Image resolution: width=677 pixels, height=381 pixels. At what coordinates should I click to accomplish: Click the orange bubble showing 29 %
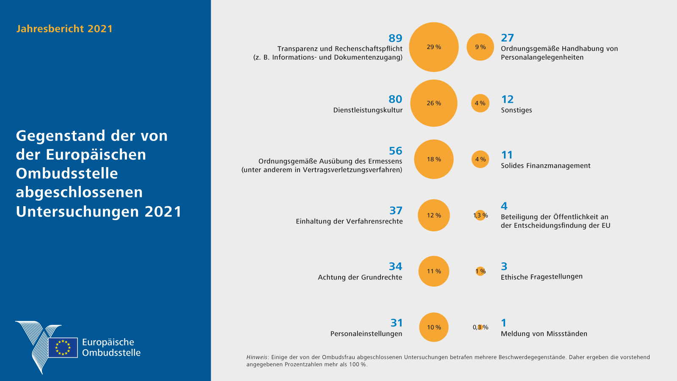coord(434,47)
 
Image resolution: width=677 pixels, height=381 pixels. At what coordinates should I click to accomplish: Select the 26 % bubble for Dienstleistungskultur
coord(434,103)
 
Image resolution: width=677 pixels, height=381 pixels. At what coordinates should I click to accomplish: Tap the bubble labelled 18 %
coord(434,159)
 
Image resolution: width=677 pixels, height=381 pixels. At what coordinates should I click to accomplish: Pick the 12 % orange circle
coord(434,215)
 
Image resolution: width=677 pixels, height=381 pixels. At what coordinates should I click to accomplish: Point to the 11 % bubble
coord(434,271)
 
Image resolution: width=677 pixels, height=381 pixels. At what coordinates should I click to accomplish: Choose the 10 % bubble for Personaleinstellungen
coord(434,327)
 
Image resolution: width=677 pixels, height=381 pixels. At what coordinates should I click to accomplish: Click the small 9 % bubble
coord(480,47)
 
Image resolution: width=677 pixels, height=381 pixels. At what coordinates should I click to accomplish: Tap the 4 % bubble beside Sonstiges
coord(480,103)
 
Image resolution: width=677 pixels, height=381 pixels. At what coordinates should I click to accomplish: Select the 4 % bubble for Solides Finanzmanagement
coord(480,159)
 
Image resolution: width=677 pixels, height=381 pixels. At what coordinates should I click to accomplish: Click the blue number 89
coord(395,38)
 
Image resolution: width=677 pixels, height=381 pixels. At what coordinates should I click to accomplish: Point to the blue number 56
coord(395,151)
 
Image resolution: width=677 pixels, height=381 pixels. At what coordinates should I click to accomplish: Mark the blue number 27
coord(507,38)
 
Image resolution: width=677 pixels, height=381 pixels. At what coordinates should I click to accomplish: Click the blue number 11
coord(507,155)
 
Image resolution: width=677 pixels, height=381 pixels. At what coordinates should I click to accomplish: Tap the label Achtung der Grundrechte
coord(360,277)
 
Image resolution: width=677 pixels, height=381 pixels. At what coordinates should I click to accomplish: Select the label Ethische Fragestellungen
coord(542,277)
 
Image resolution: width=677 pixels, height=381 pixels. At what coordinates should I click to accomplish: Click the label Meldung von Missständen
coord(544,334)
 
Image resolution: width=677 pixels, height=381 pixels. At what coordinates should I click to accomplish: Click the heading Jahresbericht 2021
coord(64,29)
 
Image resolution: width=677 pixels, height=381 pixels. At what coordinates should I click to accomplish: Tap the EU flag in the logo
coord(63,348)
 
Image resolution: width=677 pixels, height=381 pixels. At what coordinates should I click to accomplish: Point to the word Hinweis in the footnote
coord(257,357)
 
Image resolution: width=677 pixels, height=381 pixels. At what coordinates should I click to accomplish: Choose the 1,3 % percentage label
coord(481,215)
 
